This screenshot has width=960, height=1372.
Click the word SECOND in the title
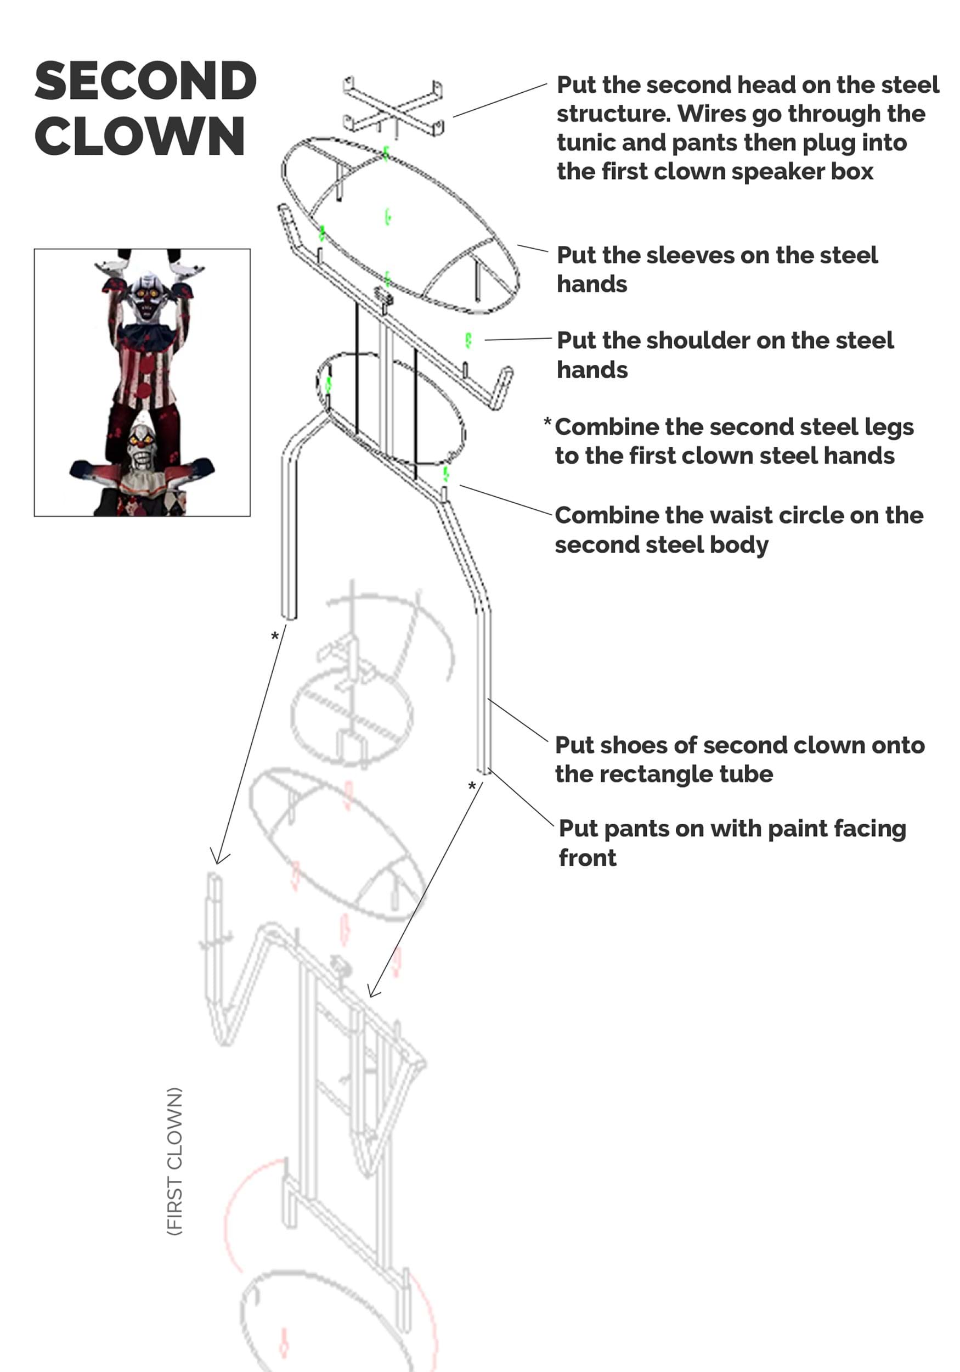(x=145, y=81)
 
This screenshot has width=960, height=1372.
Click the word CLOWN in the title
(x=140, y=136)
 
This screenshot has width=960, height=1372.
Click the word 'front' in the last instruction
(x=587, y=858)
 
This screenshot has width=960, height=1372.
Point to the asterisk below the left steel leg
(x=275, y=636)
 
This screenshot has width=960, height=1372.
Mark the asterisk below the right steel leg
(x=472, y=786)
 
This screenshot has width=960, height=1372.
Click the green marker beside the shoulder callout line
(x=468, y=341)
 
